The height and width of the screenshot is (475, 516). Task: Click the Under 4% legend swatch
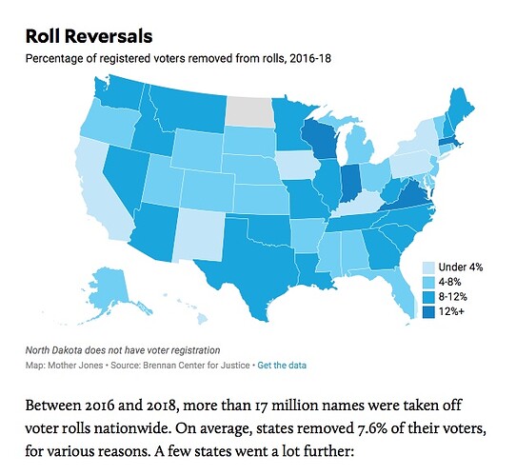click(427, 267)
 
